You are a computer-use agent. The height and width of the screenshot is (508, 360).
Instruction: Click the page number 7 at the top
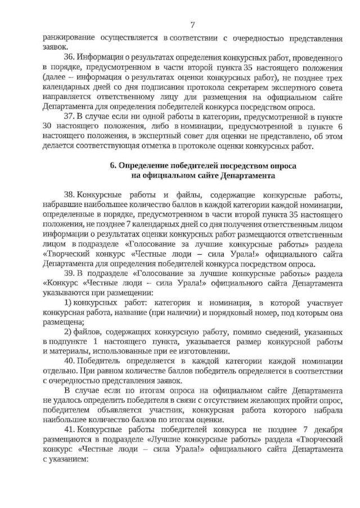192,24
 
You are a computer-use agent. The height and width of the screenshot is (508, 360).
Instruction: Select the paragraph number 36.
69,58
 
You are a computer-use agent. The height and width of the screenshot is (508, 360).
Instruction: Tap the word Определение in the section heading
142,167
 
